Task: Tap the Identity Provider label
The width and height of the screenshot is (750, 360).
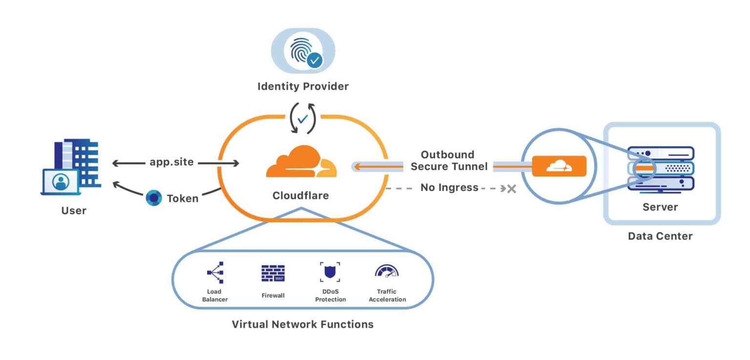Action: tap(303, 86)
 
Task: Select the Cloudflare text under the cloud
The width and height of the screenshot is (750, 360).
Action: tap(300, 196)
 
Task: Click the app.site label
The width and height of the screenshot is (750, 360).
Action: tap(171, 162)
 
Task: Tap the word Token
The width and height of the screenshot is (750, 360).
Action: tap(183, 198)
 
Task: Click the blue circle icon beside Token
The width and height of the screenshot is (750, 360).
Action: tap(154, 198)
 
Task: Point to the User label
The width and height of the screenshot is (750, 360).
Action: tap(74, 211)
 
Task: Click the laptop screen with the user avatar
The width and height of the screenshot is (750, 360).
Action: tap(61, 182)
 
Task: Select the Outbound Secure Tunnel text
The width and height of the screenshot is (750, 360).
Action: tap(448, 161)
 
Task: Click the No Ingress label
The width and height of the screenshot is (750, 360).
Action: tap(449, 188)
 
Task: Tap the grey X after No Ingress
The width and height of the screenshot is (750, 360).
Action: tap(511, 188)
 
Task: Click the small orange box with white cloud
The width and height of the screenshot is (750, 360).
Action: tap(559, 166)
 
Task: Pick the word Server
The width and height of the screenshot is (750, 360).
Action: tap(660, 207)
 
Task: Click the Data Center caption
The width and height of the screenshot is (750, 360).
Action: tap(660, 236)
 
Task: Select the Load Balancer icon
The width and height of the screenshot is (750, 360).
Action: tap(215, 273)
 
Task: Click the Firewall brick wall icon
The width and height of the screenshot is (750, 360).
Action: tap(273, 273)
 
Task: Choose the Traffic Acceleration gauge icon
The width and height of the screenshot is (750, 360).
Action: tap(387, 272)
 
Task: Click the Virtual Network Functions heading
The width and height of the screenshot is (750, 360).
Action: tap(302, 324)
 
